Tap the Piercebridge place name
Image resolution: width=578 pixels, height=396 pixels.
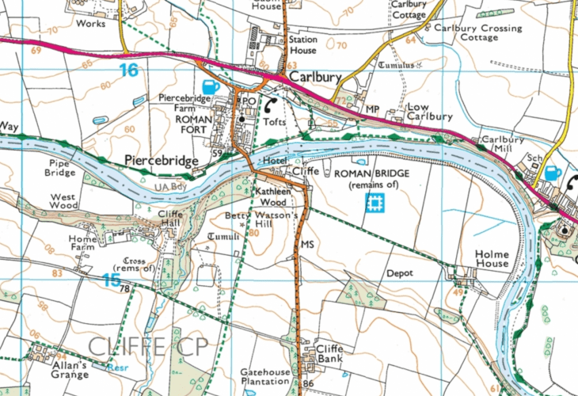pyautogui.click(x=162, y=161)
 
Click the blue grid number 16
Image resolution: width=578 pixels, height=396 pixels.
pyautogui.click(x=129, y=70)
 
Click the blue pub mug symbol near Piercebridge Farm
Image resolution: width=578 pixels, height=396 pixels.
pyautogui.click(x=210, y=86)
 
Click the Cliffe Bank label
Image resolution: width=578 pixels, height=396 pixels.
pyautogui.click(x=329, y=354)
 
